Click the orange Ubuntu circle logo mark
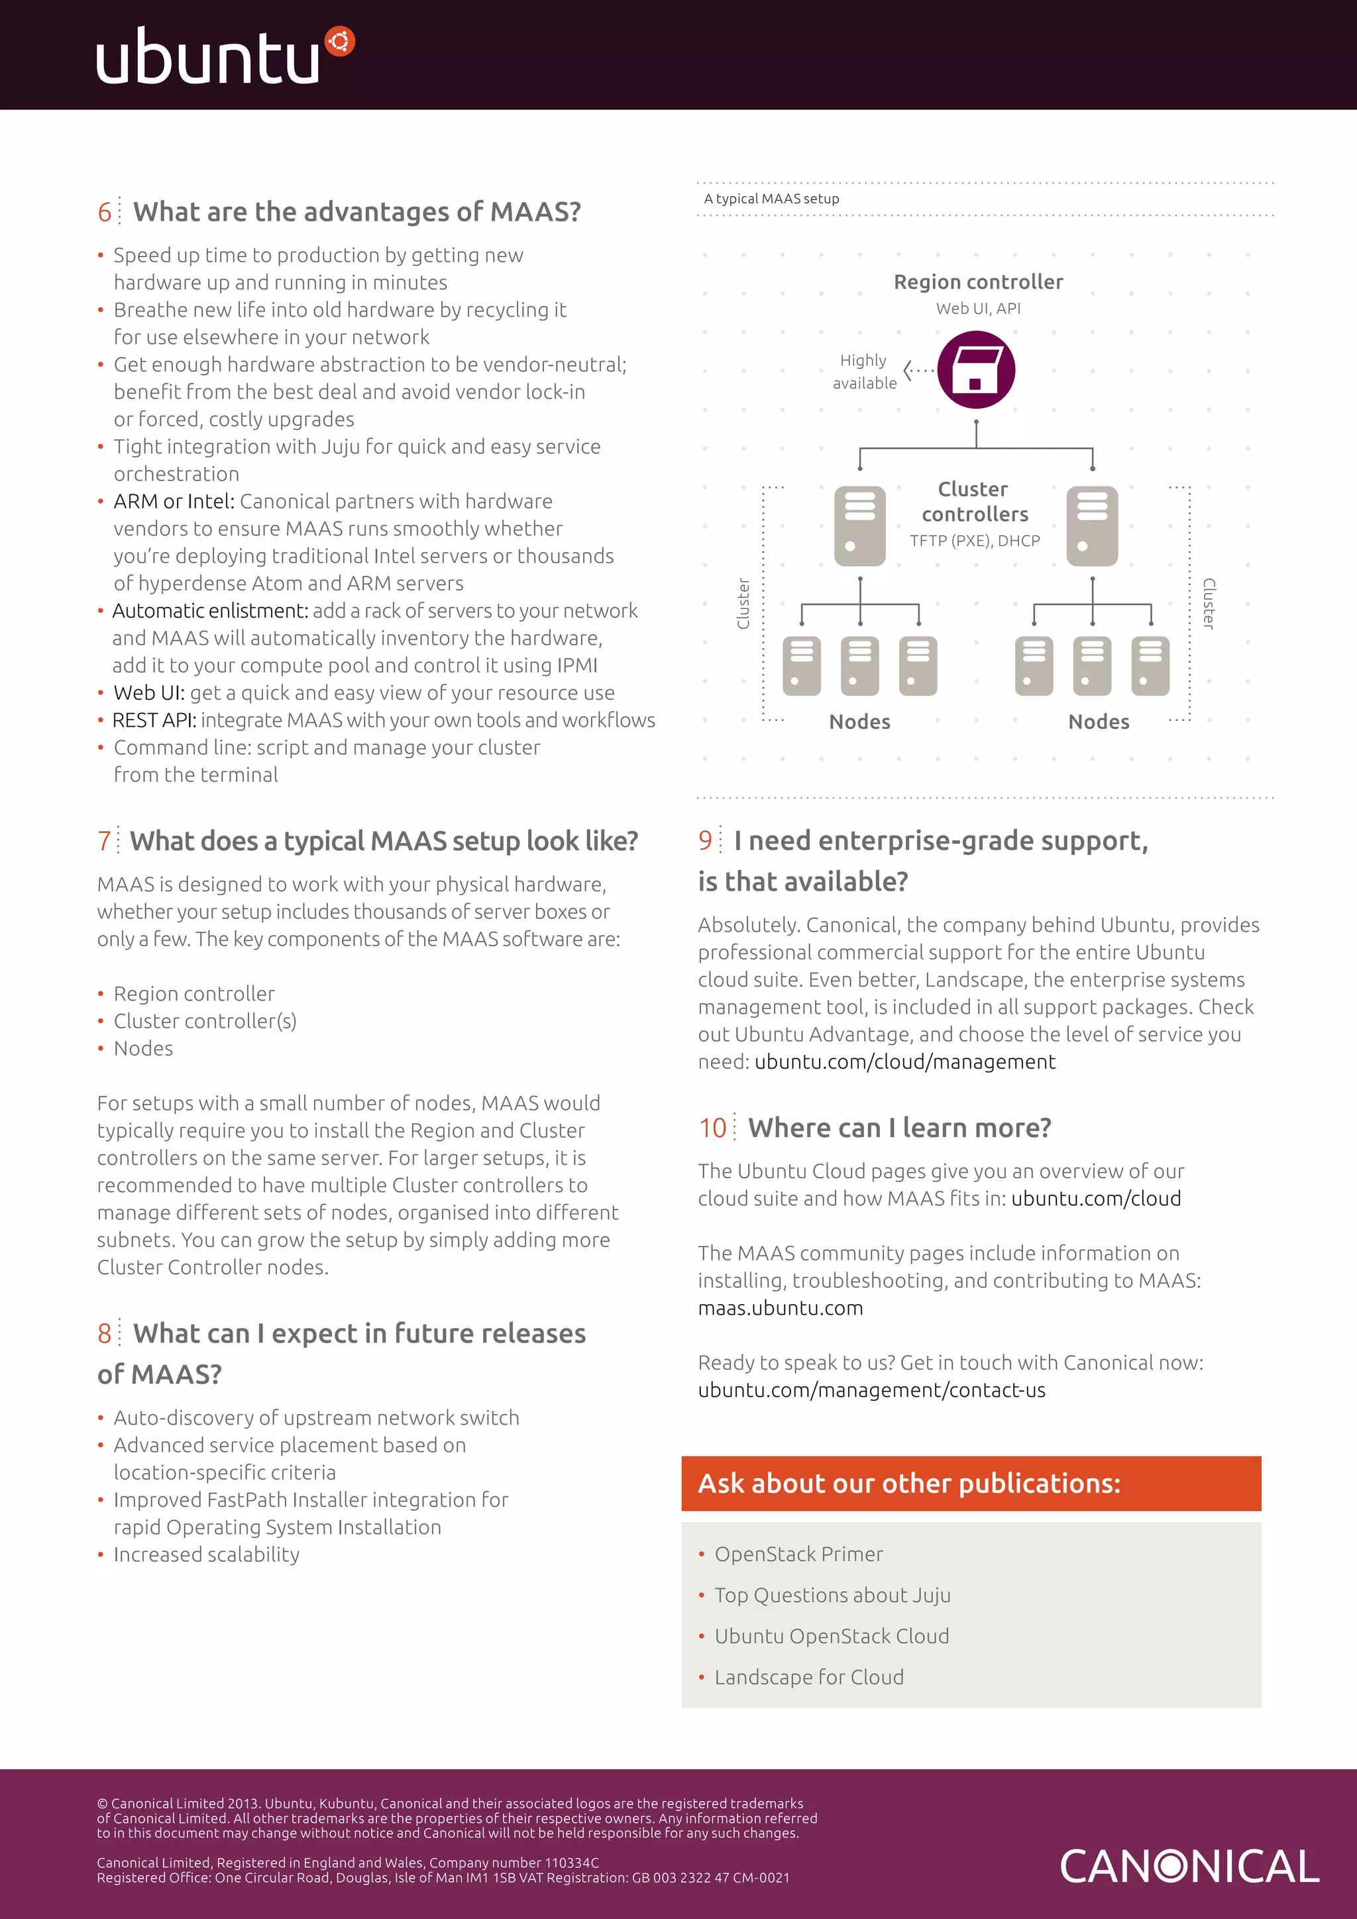(339, 41)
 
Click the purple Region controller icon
(975, 370)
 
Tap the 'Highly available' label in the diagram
(864, 372)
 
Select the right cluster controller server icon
(1091, 525)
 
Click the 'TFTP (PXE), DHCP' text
(974, 541)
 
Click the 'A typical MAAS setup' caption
(771, 199)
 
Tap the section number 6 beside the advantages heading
(105, 212)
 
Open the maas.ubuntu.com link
(780, 1308)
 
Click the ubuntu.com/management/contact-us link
(871, 1390)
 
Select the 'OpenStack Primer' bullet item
(798, 1554)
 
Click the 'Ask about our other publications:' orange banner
(970, 1483)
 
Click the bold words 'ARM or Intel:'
(173, 502)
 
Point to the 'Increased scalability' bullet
(206, 1555)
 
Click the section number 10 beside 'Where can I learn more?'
(713, 1128)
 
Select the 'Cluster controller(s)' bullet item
(205, 1021)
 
